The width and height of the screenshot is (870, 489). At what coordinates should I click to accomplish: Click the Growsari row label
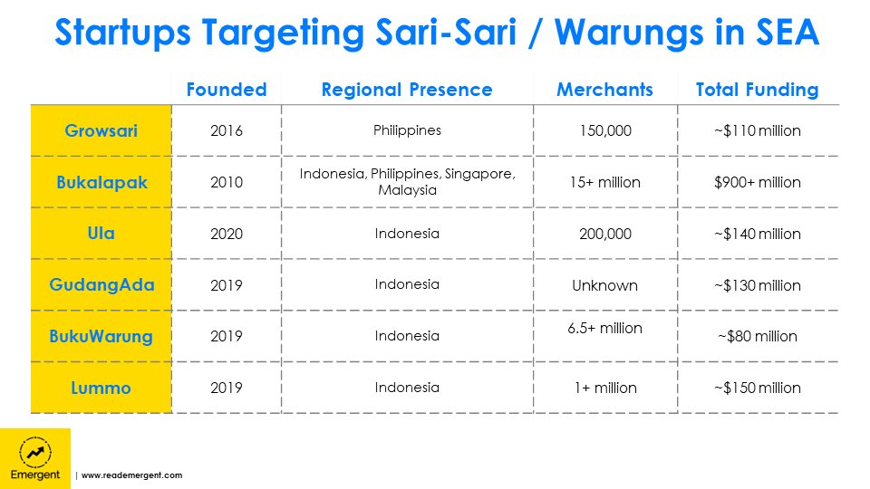tap(101, 130)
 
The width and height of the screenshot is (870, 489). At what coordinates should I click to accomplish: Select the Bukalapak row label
tap(101, 182)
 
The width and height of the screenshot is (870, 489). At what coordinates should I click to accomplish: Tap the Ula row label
tap(101, 234)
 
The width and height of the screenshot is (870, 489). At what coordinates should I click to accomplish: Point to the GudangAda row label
tap(101, 285)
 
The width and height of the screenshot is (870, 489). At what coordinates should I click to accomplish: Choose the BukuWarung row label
tap(101, 337)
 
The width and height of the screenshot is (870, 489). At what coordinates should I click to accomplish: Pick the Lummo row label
tap(101, 388)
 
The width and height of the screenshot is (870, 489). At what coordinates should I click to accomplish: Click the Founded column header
tap(227, 90)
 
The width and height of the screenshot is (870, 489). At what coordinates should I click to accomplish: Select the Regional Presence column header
tap(407, 90)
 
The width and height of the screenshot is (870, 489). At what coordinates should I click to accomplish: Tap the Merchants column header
tap(604, 90)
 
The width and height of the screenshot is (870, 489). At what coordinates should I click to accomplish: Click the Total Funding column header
tap(757, 90)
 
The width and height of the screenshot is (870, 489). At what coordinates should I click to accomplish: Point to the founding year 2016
tap(227, 130)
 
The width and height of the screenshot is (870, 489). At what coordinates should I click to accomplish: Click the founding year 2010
tap(227, 182)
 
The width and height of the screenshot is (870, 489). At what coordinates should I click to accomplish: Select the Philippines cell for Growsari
tap(407, 130)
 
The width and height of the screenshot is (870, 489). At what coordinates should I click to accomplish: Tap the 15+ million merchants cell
tap(604, 182)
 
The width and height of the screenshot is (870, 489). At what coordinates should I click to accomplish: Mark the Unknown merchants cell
tap(604, 285)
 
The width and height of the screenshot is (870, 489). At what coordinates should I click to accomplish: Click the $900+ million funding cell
tap(757, 182)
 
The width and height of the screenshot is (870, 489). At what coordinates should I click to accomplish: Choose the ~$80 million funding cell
tap(757, 337)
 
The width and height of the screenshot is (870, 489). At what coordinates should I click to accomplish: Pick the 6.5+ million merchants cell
tap(604, 328)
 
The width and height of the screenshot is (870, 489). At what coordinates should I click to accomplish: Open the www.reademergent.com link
tap(132, 475)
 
